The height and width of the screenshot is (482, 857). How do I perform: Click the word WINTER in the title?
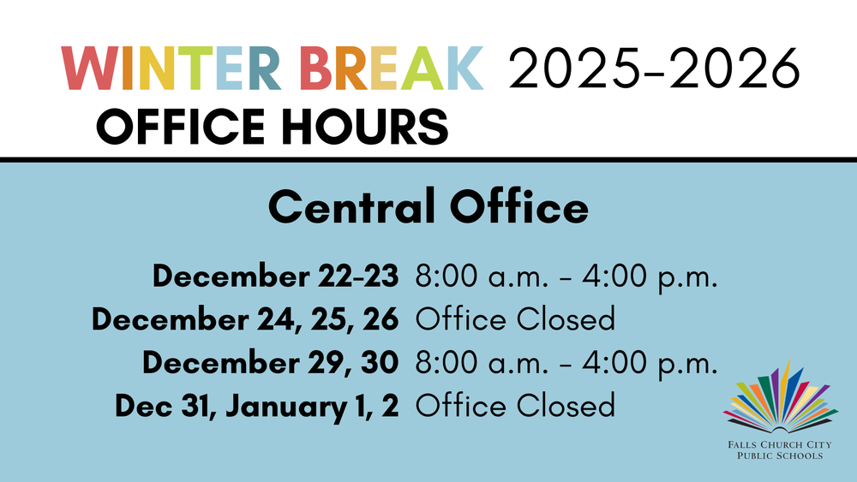tap(171, 69)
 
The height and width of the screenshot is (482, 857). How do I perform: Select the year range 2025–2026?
tap(653, 69)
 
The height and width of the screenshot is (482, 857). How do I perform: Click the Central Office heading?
tap(428, 208)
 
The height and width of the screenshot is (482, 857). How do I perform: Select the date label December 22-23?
tap(275, 277)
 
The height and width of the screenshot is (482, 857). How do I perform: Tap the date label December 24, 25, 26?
tap(245, 319)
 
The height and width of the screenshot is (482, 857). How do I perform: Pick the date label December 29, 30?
tap(270, 362)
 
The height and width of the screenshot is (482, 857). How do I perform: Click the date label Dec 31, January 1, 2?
tap(257, 405)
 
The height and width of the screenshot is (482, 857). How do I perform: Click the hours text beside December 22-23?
tap(566, 277)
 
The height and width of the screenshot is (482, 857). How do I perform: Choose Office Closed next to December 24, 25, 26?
tap(515, 319)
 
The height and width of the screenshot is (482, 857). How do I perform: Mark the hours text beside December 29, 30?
tap(566, 362)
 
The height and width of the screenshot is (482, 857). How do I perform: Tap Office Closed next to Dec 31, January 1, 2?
tap(515, 405)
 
